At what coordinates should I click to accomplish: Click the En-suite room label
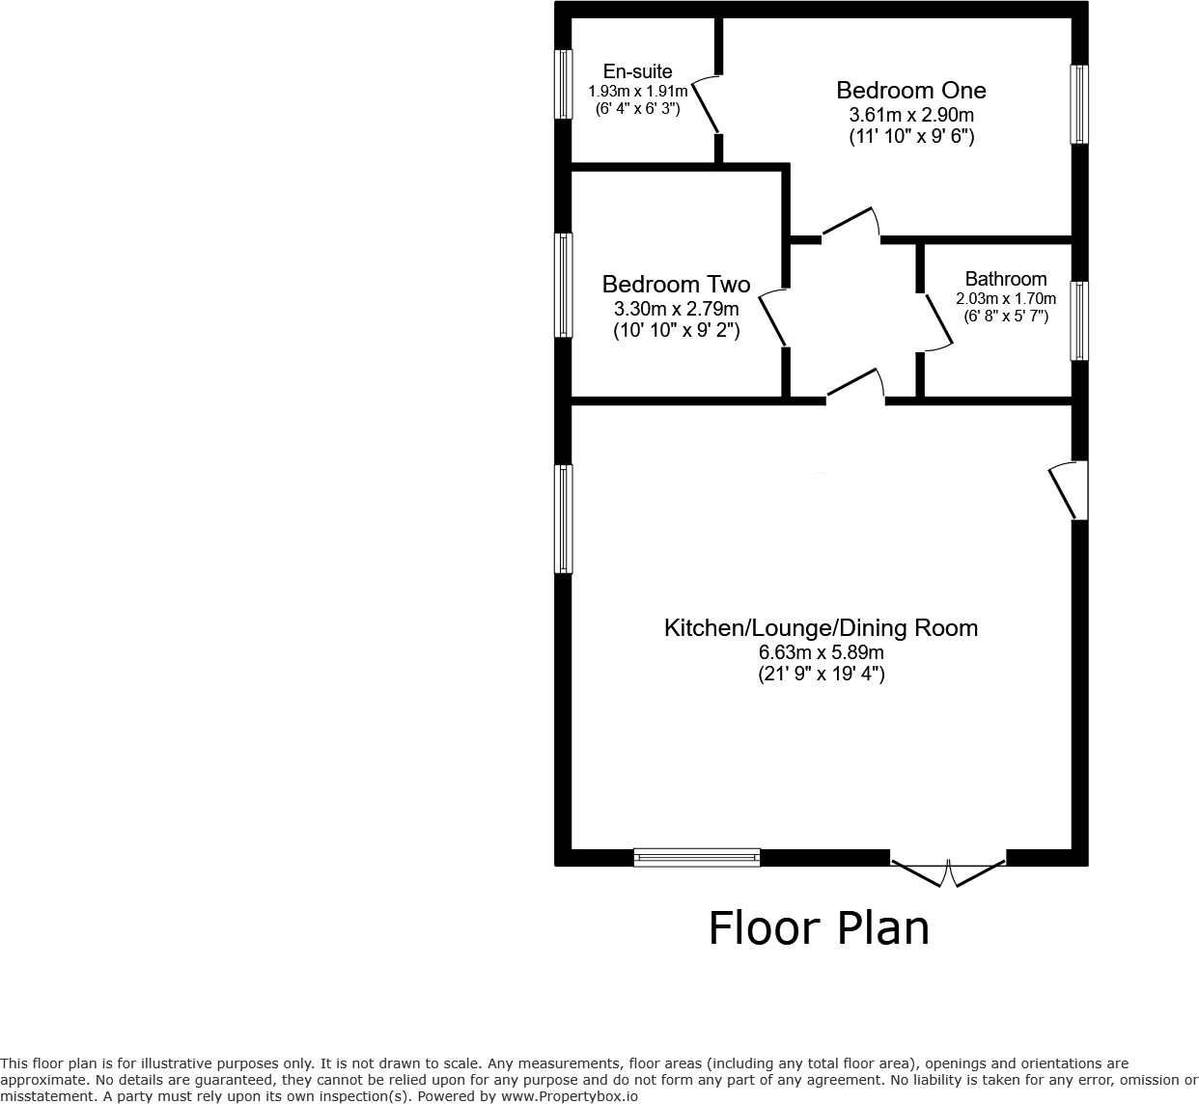[x=637, y=71]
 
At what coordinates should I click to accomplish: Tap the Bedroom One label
[x=910, y=91]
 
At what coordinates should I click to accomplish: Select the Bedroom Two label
[x=676, y=285]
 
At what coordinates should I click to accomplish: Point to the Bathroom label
[x=1005, y=280]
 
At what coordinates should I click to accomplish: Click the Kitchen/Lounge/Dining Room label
[x=821, y=628]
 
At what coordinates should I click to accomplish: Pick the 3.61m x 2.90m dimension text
[x=910, y=115]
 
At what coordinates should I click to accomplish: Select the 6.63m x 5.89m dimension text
[x=821, y=652]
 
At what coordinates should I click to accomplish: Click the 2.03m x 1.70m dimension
[x=1005, y=299]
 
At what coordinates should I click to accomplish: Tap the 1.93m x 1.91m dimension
[x=637, y=92]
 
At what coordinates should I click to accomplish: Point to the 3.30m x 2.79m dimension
[x=676, y=309]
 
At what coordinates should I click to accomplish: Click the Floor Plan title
[x=819, y=928]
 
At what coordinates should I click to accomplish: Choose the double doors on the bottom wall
[x=948, y=870]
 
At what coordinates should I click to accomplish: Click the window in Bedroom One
[x=1079, y=104]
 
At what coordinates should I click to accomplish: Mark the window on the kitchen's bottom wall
[x=696, y=857]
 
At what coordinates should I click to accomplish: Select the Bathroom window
[x=1079, y=320]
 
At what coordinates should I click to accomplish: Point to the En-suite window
[x=563, y=84]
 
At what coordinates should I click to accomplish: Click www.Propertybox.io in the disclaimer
[x=569, y=1096]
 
